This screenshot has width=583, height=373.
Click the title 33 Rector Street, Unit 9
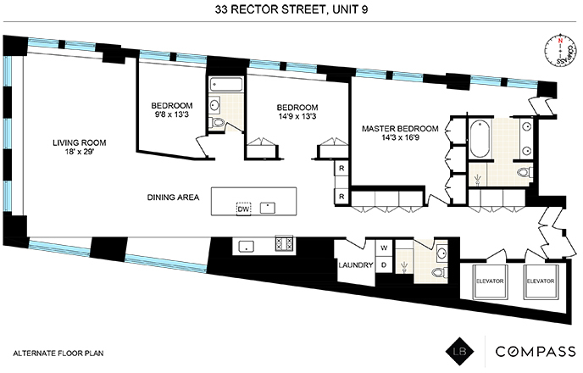(x=291, y=11)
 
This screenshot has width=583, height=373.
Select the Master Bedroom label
(x=400, y=129)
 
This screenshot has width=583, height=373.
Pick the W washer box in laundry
(x=384, y=248)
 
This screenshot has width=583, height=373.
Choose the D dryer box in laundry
(x=384, y=265)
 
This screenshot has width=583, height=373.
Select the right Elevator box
(x=540, y=281)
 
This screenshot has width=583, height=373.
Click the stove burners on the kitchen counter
(x=283, y=245)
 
